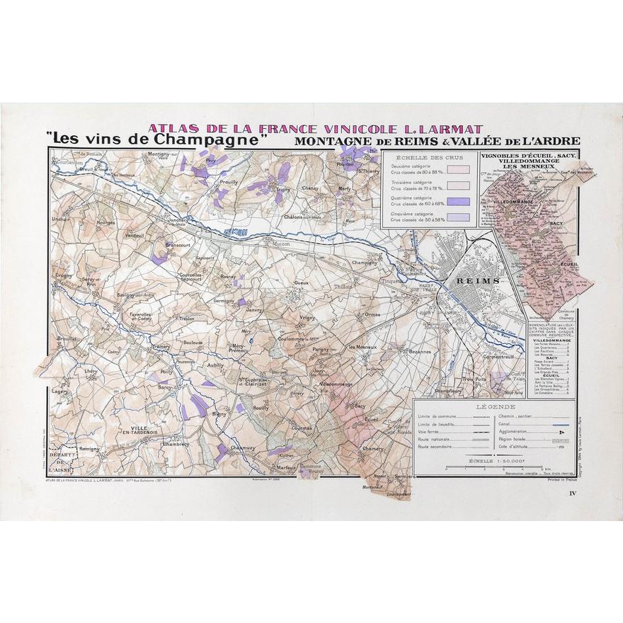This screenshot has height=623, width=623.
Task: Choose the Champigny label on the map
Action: tap(365, 262)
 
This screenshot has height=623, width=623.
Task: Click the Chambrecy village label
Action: tap(175, 445)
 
